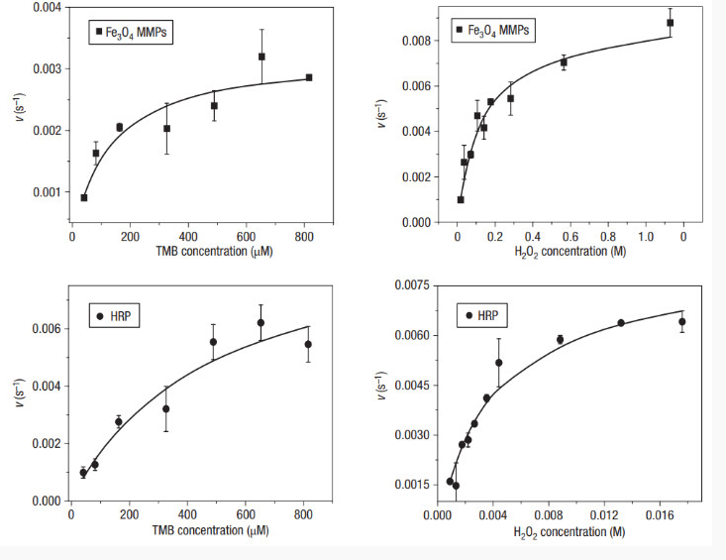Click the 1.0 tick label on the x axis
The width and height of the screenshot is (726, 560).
(x=645, y=238)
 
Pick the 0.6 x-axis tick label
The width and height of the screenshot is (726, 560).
(x=570, y=238)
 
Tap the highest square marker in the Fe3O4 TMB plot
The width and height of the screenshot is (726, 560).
(x=261, y=56)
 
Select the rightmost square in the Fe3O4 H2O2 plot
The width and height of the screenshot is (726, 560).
(x=671, y=23)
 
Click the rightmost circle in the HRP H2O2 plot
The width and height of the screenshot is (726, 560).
(x=681, y=321)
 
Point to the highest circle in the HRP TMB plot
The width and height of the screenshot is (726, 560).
(x=260, y=323)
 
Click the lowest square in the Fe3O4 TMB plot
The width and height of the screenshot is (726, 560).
(x=84, y=197)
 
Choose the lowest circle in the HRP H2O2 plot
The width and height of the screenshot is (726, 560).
(x=456, y=486)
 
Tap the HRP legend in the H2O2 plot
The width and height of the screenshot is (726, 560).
(x=482, y=317)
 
